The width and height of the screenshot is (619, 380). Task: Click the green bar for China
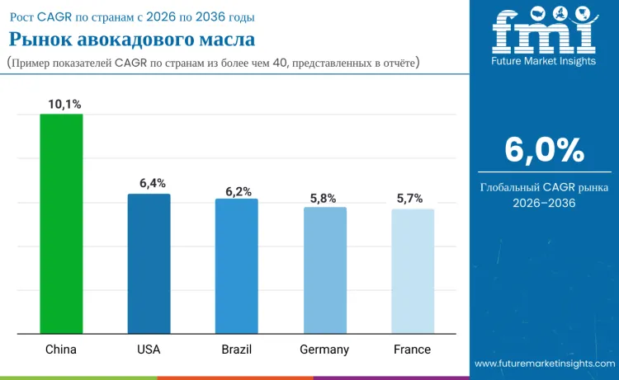tap(61, 224)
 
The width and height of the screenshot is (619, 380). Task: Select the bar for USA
tap(149, 264)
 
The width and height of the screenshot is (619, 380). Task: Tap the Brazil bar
tap(237, 266)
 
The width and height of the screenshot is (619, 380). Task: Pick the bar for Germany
tap(324, 270)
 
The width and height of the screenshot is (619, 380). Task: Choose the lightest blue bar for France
tap(413, 271)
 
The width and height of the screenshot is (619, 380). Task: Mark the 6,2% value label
tap(239, 191)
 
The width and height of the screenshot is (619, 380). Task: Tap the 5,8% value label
tap(324, 198)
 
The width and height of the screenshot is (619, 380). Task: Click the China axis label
tap(61, 350)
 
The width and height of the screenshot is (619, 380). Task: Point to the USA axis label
tap(149, 350)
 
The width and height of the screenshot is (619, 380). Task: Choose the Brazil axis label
tap(237, 350)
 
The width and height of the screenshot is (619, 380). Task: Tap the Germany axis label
tap(324, 350)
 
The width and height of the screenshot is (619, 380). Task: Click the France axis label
tap(412, 350)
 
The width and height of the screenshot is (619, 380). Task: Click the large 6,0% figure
tap(544, 151)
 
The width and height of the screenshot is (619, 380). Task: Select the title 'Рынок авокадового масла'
tap(132, 39)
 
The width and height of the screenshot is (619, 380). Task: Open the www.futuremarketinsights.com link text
tap(544, 364)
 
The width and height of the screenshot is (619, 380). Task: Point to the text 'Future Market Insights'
tap(544, 62)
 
